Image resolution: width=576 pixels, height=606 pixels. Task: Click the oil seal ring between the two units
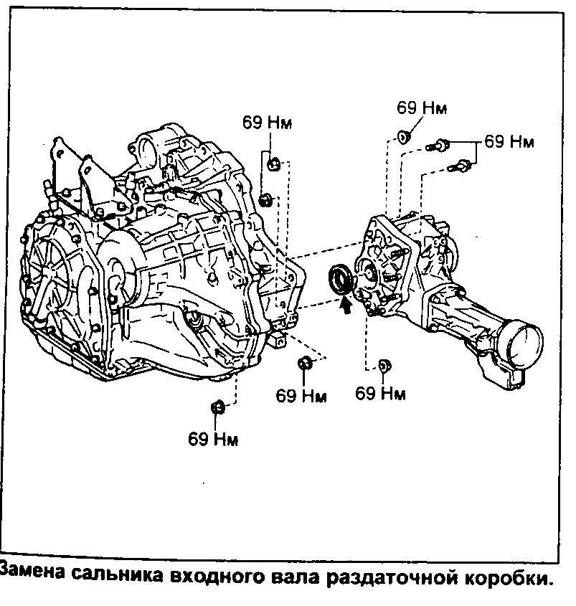[339, 280]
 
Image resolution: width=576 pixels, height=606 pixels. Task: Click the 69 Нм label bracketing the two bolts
[509, 141]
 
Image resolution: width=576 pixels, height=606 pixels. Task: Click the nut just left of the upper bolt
[405, 136]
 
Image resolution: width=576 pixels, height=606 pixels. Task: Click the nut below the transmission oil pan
[217, 408]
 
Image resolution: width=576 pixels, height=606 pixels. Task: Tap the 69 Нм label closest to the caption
[213, 438]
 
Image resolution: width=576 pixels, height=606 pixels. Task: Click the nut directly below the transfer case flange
[383, 366]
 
